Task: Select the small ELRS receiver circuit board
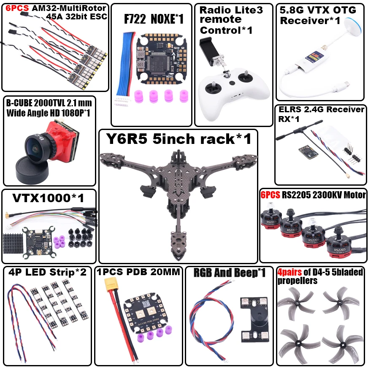(x=306, y=150)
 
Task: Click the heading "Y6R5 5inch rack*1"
(x=178, y=138)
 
